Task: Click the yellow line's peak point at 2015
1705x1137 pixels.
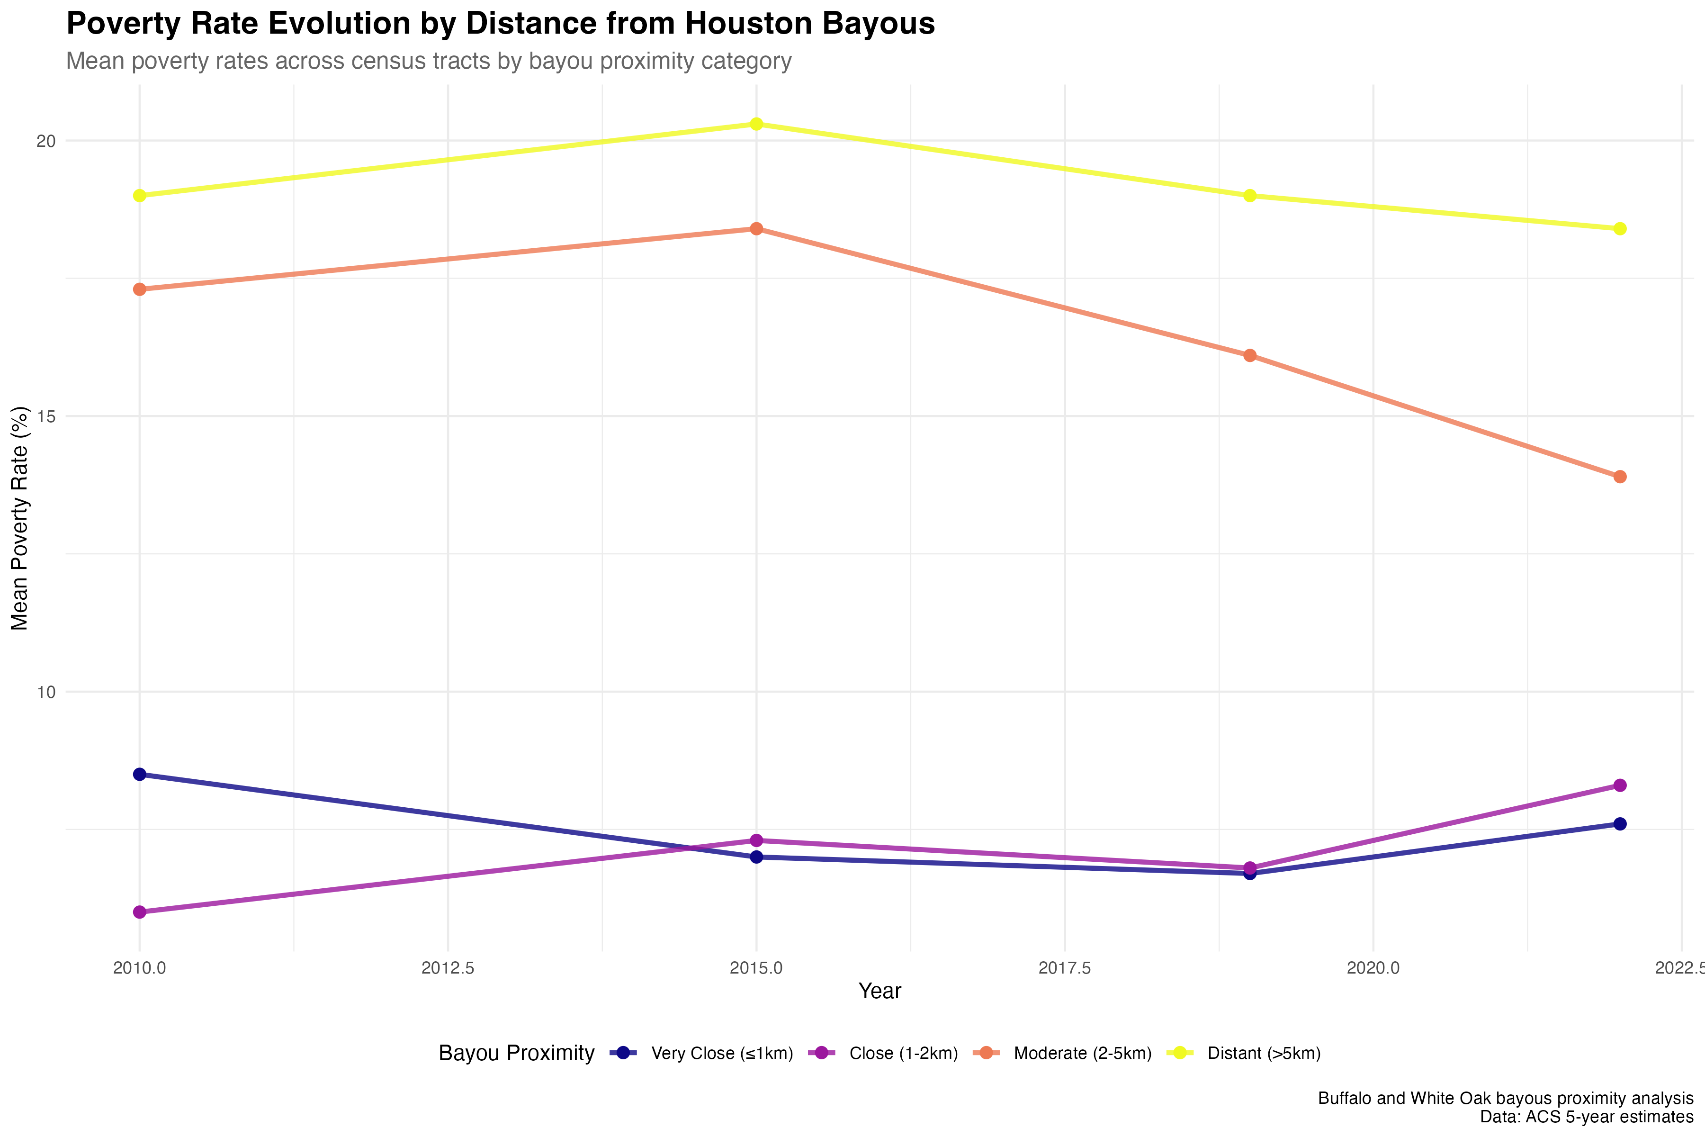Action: click(756, 124)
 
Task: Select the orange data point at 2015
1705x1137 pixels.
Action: click(756, 228)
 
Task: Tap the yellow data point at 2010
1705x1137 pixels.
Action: click(140, 196)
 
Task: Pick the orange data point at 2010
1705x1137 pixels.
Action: click(140, 289)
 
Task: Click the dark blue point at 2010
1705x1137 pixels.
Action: click(140, 775)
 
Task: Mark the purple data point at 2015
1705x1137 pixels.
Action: click(756, 840)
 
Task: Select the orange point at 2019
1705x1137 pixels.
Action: click(1250, 355)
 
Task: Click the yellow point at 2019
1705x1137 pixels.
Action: click(1250, 196)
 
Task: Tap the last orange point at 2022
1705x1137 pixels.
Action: click(1620, 477)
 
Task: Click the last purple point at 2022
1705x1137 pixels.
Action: click(1620, 785)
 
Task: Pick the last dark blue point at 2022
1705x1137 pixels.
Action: click(1620, 824)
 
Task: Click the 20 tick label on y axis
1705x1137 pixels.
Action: click(45, 141)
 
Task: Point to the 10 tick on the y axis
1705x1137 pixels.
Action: click(45, 692)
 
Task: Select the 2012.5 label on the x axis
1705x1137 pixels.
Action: click(448, 968)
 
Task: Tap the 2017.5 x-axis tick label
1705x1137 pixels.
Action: click(1064, 968)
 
